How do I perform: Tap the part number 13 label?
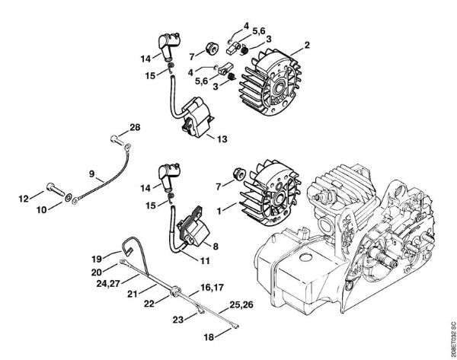[x=222, y=139]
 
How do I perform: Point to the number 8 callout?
[x=216, y=245]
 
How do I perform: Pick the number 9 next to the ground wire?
[x=92, y=174]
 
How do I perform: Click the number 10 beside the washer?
[x=43, y=208]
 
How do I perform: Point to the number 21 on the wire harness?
[x=133, y=293]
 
